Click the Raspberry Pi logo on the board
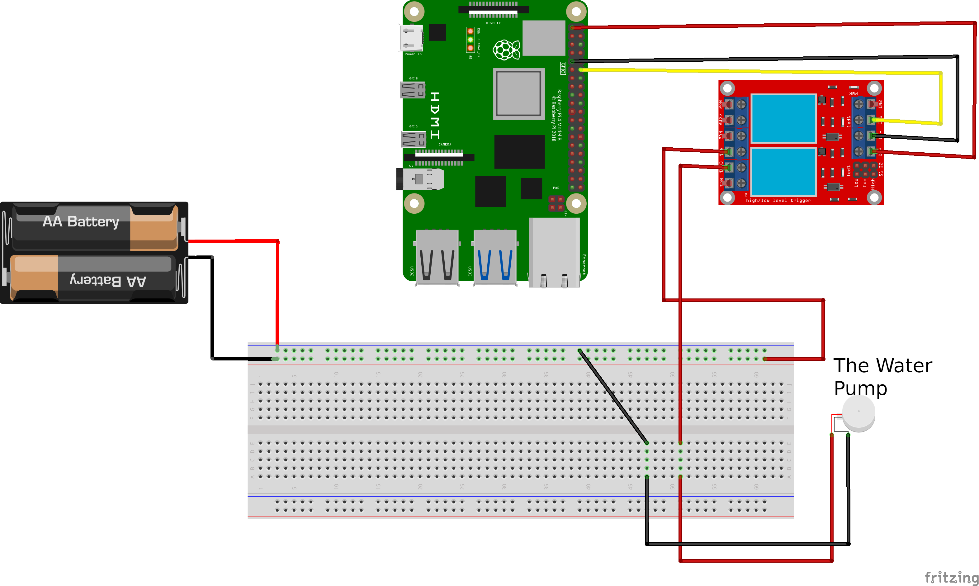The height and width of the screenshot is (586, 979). pos(506,50)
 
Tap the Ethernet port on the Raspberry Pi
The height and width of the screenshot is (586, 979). pos(554,253)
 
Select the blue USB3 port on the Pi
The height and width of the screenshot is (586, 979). pos(495,257)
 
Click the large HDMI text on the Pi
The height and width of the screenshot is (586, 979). pos(434,115)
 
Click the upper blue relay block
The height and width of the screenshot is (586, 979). pos(783,118)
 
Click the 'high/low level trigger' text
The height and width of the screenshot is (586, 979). pos(778,201)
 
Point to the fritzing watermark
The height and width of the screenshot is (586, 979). pos(951,577)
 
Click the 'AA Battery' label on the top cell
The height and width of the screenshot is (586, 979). pos(81,222)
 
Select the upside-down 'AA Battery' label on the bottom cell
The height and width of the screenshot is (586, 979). pos(108,280)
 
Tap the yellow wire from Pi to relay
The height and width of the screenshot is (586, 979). pos(750,71)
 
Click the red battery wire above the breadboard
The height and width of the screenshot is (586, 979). pos(277,292)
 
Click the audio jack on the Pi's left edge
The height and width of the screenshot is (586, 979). pos(419,179)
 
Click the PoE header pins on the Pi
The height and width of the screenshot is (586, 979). pos(556,203)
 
